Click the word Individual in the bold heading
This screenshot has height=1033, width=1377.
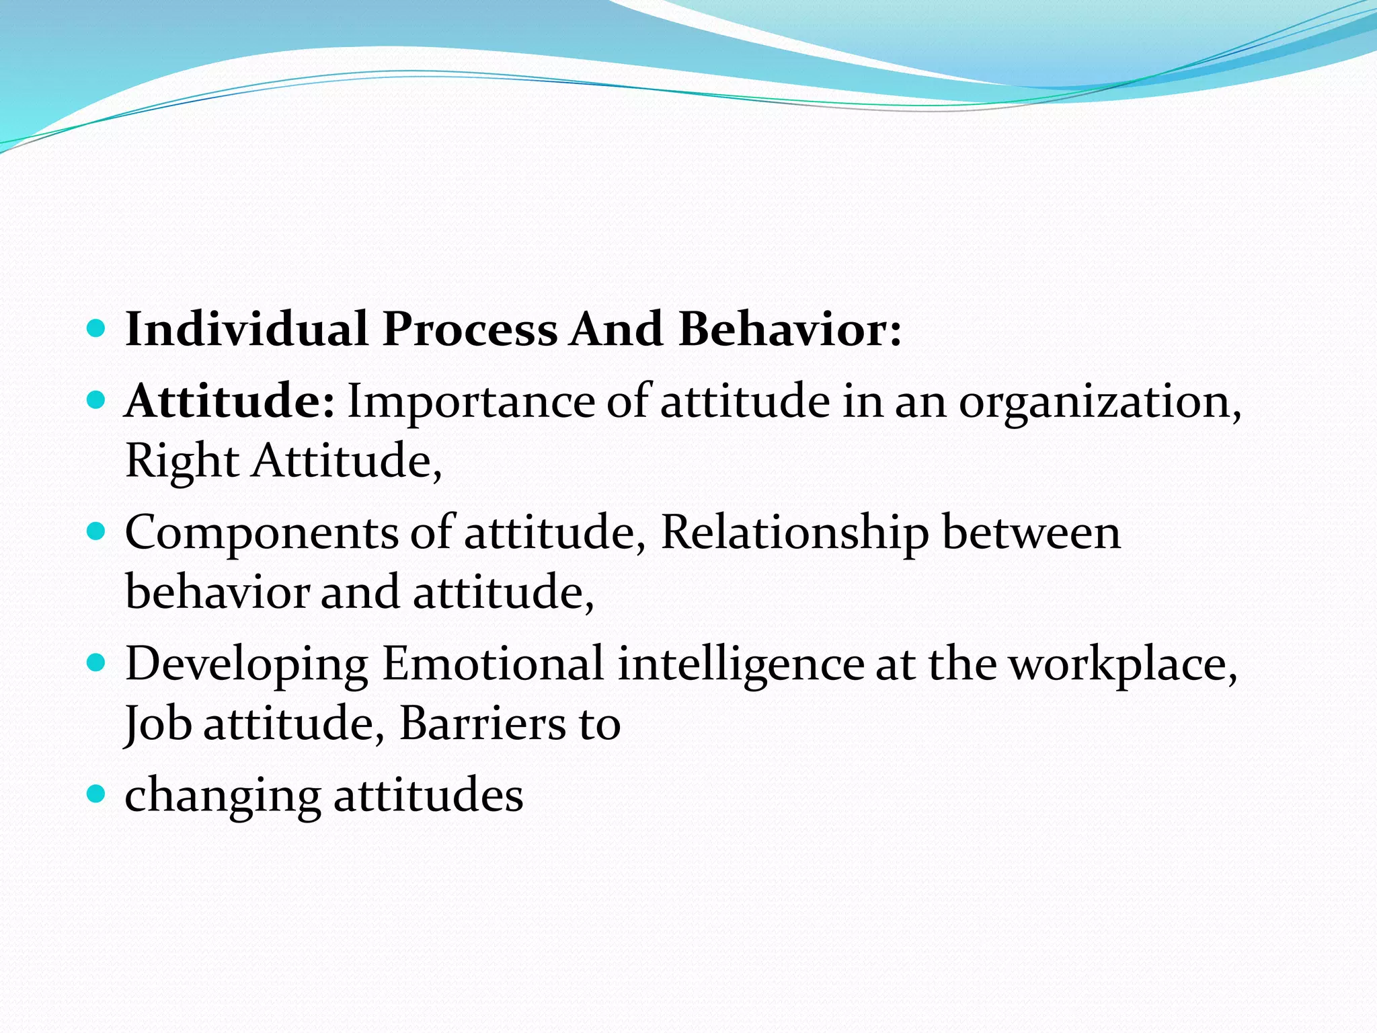(x=246, y=330)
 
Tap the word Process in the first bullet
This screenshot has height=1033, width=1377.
(x=469, y=330)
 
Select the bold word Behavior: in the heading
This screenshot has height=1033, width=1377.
(x=789, y=330)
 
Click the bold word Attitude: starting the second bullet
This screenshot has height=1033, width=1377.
(x=229, y=401)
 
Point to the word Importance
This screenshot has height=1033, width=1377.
(x=471, y=401)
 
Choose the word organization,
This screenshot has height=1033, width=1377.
(x=1100, y=401)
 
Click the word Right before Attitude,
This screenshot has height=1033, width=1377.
(x=182, y=461)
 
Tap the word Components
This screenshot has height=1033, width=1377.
(x=262, y=533)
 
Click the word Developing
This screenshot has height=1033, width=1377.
(x=246, y=664)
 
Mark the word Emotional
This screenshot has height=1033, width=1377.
(x=493, y=664)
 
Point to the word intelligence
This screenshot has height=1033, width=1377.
(x=740, y=664)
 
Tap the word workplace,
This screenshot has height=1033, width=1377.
(x=1124, y=664)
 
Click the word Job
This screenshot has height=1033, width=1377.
(x=159, y=724)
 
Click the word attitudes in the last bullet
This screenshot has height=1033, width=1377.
(x=428, y=795)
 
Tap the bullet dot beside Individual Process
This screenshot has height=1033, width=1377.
(x=97, y=329)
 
